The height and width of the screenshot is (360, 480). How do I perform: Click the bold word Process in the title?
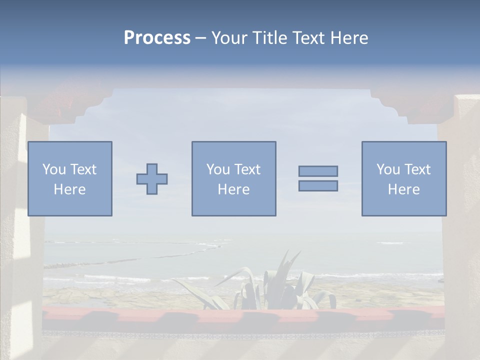pos(157,37)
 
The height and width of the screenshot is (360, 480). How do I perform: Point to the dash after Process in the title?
pos(200,38)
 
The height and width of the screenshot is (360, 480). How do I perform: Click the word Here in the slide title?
pos(348,37)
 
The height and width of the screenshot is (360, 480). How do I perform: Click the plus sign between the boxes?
pos(152,179)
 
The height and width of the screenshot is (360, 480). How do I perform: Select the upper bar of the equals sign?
pos(318,171)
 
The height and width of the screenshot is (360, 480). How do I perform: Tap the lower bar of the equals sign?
pos(318,185)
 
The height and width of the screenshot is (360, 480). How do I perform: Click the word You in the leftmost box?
pos(54,169)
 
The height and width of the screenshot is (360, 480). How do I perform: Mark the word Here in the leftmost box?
pos(69,189)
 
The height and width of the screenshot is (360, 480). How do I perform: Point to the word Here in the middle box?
pos(233,189)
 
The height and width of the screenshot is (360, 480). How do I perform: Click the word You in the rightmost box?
pos(388,169)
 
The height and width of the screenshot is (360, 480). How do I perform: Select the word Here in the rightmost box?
pos(403,189)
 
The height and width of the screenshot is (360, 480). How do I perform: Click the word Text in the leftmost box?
pos(82,169)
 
